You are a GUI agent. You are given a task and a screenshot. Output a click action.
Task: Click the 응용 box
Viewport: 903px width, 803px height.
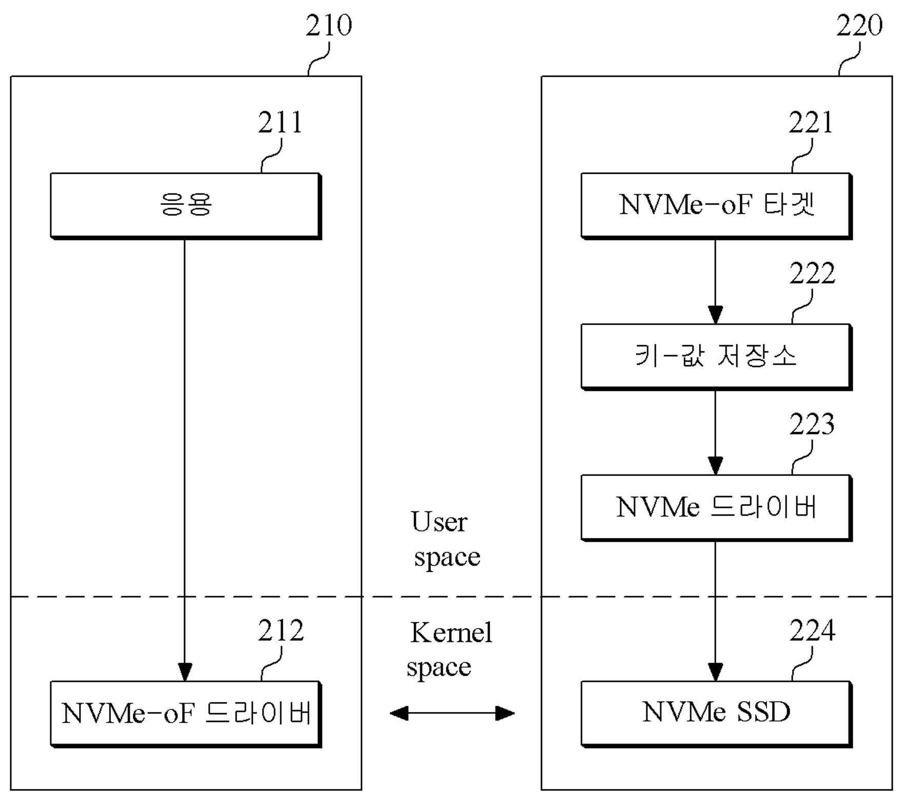click(x=186, y=206)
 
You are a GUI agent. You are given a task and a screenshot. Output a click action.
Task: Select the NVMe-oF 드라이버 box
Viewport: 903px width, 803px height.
click(x=186, y=714)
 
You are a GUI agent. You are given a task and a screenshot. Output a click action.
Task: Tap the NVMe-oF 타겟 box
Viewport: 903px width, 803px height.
click(x=716, y=206)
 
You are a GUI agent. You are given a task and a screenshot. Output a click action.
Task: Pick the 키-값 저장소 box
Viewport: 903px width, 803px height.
click(x=716, y=357)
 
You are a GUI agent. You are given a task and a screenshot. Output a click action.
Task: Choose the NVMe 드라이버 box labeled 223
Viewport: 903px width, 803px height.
click(x=716, y=507)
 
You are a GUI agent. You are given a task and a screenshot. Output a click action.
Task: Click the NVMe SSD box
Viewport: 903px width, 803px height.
click(x=716, y=714)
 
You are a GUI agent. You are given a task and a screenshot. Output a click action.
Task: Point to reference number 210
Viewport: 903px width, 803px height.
click(x=329, y=25)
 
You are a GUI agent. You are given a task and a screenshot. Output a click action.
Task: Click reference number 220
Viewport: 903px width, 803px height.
click(x=859, y=25)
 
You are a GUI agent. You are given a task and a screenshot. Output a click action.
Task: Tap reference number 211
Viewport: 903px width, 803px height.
click(x=280, y=123)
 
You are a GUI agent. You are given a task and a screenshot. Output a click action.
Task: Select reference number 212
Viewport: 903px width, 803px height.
click(x=280, y=631)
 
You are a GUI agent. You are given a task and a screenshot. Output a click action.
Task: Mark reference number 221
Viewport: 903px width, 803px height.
click(x=811, y=123)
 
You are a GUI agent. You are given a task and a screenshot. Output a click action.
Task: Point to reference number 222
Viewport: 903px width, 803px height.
click(x=812, y=273)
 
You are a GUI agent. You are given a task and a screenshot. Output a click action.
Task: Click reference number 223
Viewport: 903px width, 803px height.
click(x=812, y=424)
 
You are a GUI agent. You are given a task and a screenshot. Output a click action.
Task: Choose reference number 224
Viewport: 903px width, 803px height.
click(x=812, y=631)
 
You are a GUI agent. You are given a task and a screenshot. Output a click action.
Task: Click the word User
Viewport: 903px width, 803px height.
click(x=439, y=522)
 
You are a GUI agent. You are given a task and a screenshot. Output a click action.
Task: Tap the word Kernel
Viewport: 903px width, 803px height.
click(x=451, y=633)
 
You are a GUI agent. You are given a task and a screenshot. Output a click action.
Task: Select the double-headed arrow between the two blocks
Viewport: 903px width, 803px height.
click(x=452, y=713)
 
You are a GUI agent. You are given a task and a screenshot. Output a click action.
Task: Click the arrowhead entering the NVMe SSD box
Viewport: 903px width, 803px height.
click(x=715, y=672)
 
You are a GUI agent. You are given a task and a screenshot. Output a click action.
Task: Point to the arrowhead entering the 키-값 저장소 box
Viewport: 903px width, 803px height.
click(x=715, y=315)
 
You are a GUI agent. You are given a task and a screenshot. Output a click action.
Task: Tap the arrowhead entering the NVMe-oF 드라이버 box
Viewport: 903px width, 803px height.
click(x=185, y=672)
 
